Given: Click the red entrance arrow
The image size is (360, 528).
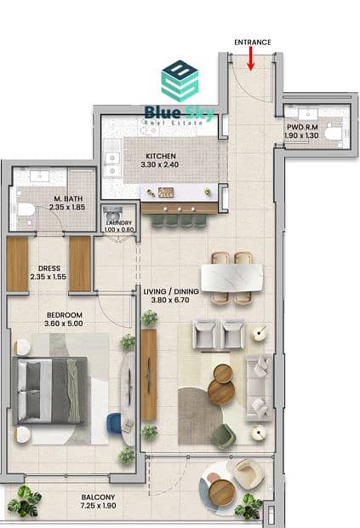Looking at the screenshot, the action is pyautogui.click(x=251, y=59).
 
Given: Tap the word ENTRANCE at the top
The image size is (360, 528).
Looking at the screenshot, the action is pyautogui.click(x=253, y=42).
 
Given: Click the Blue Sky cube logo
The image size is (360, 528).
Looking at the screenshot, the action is pyautogui.click(x=180, y=81).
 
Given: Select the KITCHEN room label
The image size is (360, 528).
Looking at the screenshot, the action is pyautogui.click(x=161, y=156).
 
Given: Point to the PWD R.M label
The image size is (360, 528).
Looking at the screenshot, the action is pyautogui.click(x=302, y=127).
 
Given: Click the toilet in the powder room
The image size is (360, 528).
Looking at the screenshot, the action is pyautogui.click(x=334, y=134).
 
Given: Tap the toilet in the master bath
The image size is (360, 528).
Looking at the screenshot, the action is pyautogui.click(x=26, y=210).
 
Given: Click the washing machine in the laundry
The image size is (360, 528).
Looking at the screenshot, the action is pyautogui.click(x=113, y=214).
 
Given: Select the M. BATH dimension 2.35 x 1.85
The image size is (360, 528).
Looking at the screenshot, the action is pyautogui.click(x=67, y=207).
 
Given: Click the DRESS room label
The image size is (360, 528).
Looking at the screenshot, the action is pyautogui.click(x=49, y=268).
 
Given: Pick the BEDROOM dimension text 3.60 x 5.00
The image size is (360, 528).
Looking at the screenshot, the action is pyautogui.click(x=64, y=324).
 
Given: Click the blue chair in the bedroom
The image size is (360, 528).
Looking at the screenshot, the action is pyautogui.click(x=114, y=423).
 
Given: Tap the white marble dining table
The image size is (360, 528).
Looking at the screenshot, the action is pyautogui.click(x=231, y=278).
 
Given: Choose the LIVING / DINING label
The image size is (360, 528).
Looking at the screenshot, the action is pyautogui.click(x=171, y=291).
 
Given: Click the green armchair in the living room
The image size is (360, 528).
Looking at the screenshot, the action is pyautogui.click(x=223, y=436).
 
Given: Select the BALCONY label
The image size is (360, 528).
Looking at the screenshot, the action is pyautogui.click(x=98, y=497).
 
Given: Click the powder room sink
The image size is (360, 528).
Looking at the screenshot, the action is pyautogui.click(x=308, y=114).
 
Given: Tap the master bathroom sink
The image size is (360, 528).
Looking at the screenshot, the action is pyautogui.click(x=40, y=176).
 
